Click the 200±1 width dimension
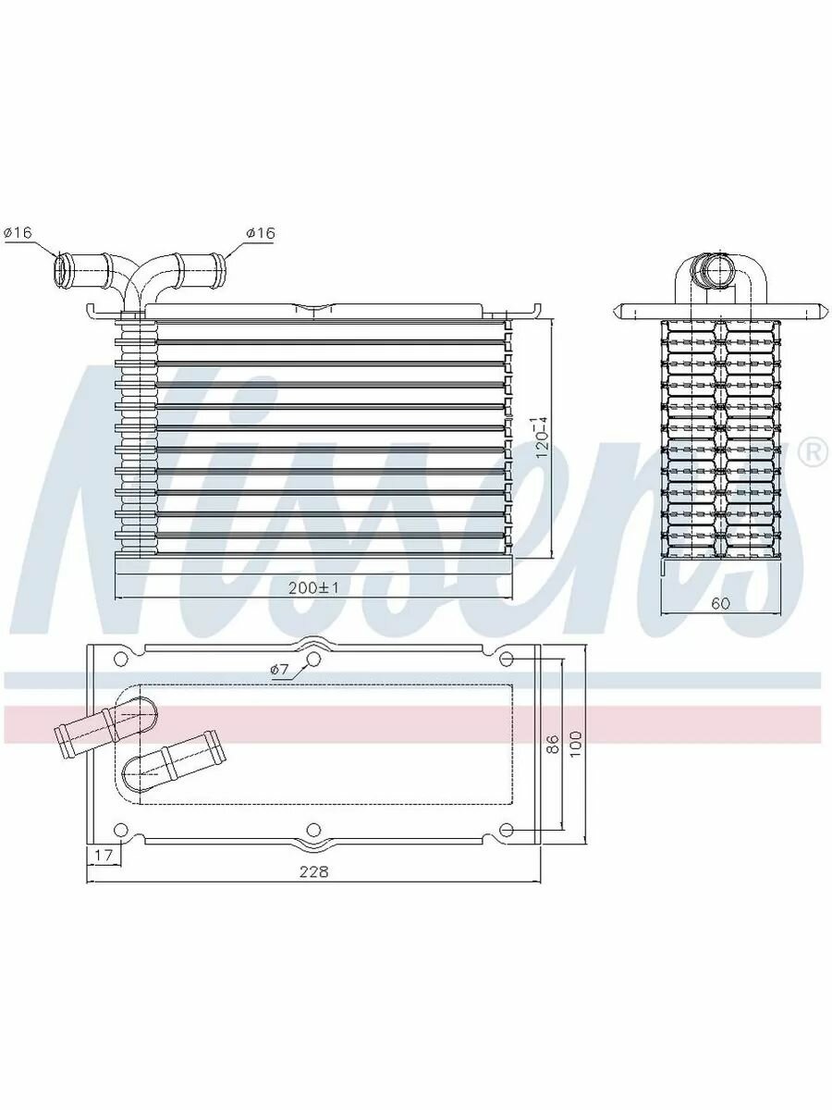(x=312, y=587)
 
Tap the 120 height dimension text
(x=541, y=438)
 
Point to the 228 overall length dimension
(x=313, y=872)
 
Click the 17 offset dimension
(x=103, y=855)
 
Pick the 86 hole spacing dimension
(x=554, y=744)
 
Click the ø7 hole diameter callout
(x=279, y=670)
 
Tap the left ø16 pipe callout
(x=18, y=232)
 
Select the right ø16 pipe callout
(x=261, y=232)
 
